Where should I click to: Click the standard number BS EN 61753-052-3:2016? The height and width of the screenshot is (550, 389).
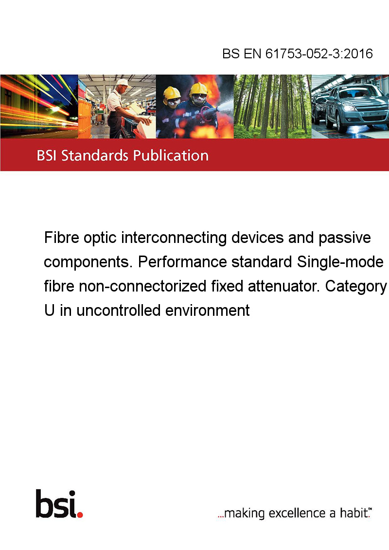tap(298, 53)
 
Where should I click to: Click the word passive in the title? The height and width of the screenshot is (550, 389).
tap(345, 238)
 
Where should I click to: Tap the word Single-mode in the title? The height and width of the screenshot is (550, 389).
tap(340, 262)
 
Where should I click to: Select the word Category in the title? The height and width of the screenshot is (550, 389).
tap(356, 287)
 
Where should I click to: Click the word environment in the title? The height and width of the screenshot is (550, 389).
tap(208, 310)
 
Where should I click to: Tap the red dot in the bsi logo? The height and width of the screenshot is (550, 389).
tap(80, 515)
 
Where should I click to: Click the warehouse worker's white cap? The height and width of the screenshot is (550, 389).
tap(122, 83)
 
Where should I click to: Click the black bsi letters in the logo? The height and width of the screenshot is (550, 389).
tap(56, 504)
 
